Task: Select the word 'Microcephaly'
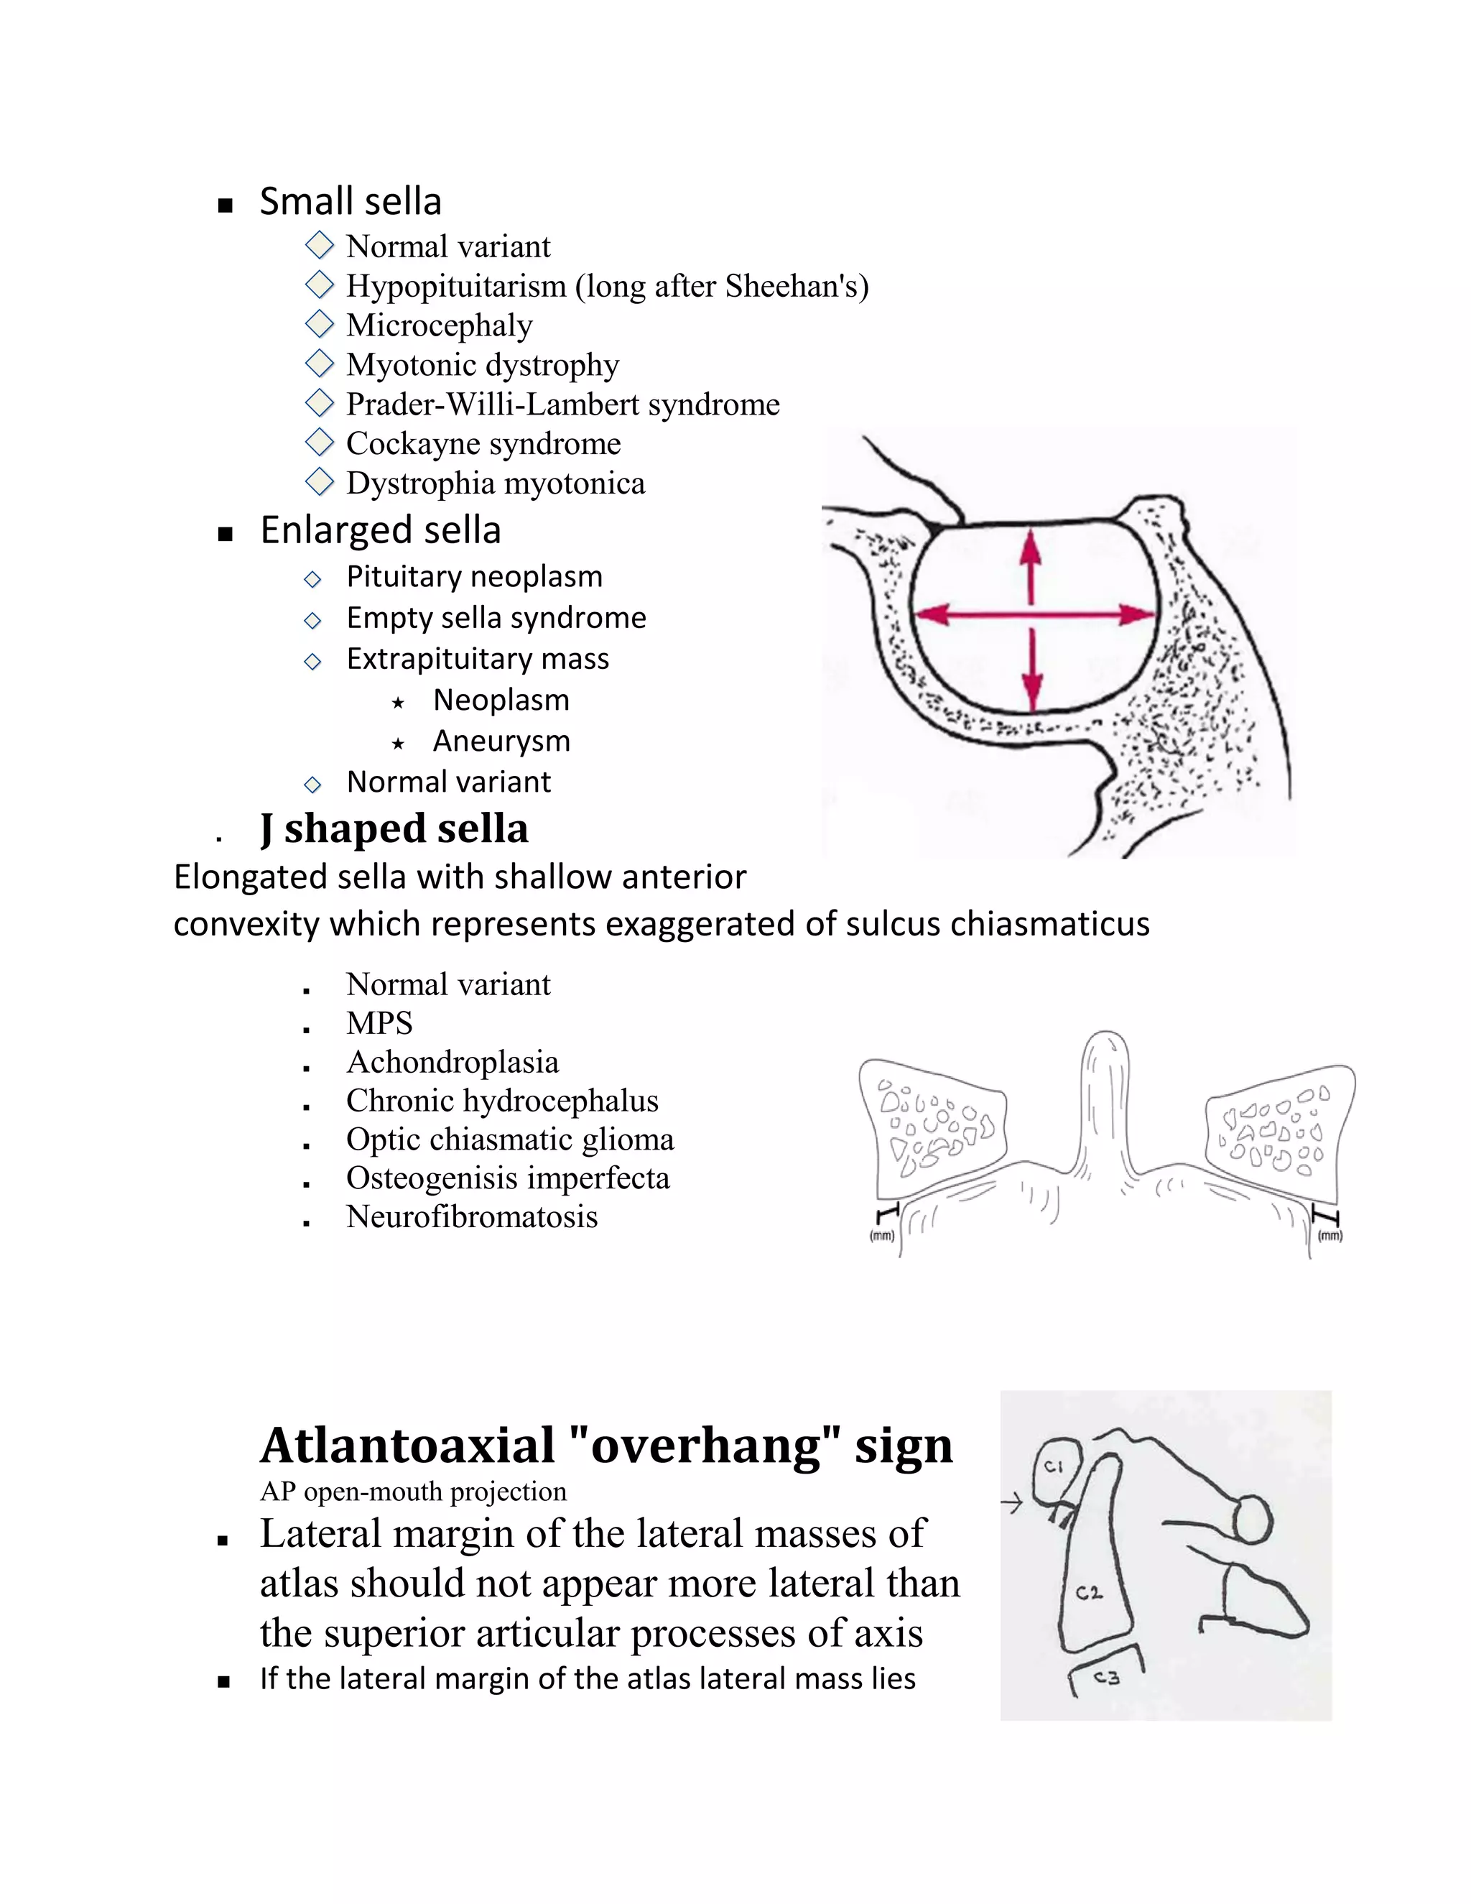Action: (x=439, y=325)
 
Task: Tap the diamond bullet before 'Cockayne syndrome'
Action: (x=320, y=442)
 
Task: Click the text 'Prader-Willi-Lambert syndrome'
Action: (x=563, y=405)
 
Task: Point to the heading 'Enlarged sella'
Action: (x=380, y=530)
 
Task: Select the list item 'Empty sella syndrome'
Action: (x=496, y=617)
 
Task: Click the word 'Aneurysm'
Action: (x=501, y=741)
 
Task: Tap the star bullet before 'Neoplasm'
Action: (x=398, y=702)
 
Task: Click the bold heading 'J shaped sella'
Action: (x=394, y=828)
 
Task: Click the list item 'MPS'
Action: (x=379, y=1022)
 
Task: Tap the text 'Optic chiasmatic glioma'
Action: (x=510, y=1140)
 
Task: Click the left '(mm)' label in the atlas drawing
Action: (x=882, y=1235)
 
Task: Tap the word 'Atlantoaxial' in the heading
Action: (x=407, y=1446)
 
